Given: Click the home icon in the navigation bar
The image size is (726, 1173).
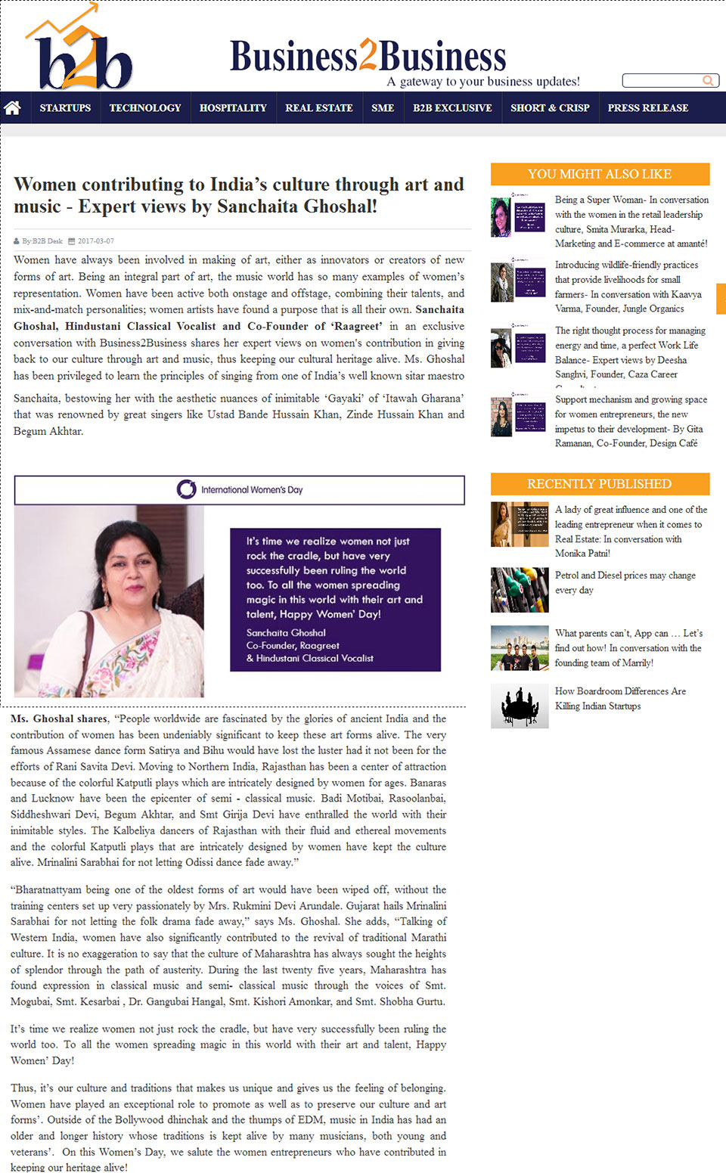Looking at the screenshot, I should pos(12,108).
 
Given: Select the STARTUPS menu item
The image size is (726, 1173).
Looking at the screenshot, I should pos(65,108).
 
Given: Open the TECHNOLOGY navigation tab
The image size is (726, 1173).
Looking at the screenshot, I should pos(145,108).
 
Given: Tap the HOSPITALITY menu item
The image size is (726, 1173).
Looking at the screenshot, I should pos(233,108).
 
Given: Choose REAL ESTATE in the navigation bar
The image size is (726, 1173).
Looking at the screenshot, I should pos(319,108).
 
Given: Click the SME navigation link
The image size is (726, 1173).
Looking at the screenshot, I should pos(383,108).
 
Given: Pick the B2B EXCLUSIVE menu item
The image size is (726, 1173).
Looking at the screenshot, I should pos(452,108).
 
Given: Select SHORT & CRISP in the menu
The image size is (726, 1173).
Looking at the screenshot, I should pos(550,108).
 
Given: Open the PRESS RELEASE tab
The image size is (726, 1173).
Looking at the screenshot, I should pos(648,108).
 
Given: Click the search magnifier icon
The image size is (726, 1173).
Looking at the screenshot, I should pos(709,80).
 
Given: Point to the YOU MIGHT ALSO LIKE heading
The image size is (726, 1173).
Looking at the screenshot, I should pos(600,174).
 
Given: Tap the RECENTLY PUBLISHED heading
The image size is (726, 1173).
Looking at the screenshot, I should pos(600,484).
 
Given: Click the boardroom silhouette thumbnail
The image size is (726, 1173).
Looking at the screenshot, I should pos(520,706).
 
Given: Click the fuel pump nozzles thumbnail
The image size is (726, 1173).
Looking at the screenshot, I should pos(520,590).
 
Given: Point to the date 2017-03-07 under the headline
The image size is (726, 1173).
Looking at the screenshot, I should pos(96,241).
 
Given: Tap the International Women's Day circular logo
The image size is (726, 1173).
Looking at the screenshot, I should pos(186,489).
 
